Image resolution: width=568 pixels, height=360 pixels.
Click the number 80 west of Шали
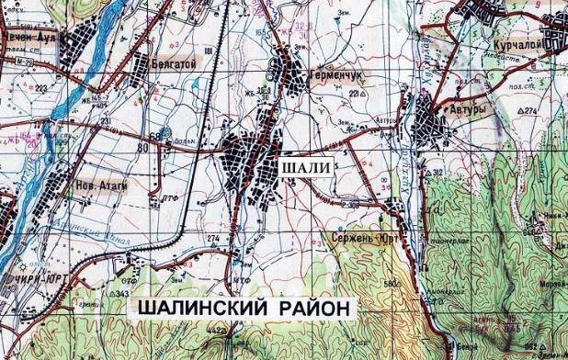tap(142, 146)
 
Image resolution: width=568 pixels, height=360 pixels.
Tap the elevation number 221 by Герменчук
tap(355, 93)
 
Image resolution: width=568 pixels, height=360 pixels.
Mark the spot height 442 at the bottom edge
tap(217, 330)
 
